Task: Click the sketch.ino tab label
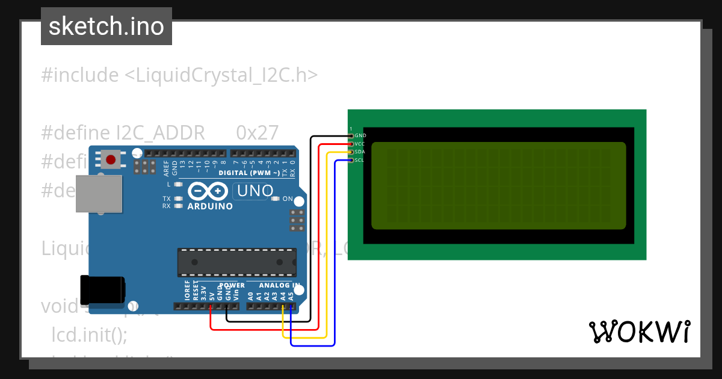tap(106, 26)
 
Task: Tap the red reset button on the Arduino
tap(111, 159)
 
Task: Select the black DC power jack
tap(103, 289)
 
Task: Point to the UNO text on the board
tap(255, 191)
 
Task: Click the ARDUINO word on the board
tap(210, 206)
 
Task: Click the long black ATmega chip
tap(236, 263)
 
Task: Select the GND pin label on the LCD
tap(360, 136)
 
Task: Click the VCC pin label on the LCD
tap(360, 144)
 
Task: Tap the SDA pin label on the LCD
tap(360, 152)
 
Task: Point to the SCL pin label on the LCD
tap(359, 160)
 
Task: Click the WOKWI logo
tap(639, 331)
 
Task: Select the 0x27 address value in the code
tap(258, 133)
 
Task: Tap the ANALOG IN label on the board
tap(279, 285)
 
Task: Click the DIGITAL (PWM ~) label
tap(248, 173)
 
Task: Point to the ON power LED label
tap(288, 199)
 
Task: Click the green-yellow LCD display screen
tap(498, 185)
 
